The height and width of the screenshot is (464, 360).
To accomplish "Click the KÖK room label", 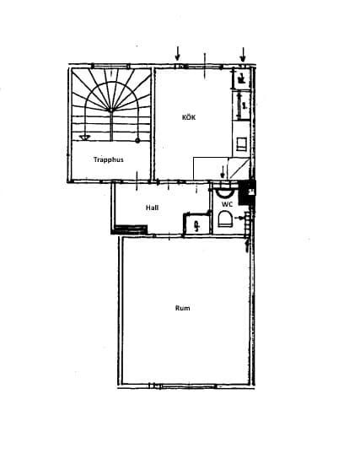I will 189,117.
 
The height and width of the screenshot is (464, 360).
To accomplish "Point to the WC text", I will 227,204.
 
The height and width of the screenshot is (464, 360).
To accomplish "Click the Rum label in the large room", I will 182,308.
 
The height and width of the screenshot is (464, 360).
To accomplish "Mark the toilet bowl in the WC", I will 225,220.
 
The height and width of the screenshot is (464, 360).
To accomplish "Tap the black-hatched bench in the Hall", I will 131,228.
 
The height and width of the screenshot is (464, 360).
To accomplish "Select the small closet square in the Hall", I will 196,224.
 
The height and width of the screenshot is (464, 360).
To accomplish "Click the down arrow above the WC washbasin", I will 222,172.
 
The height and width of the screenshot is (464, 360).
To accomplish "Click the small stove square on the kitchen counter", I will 242,144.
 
